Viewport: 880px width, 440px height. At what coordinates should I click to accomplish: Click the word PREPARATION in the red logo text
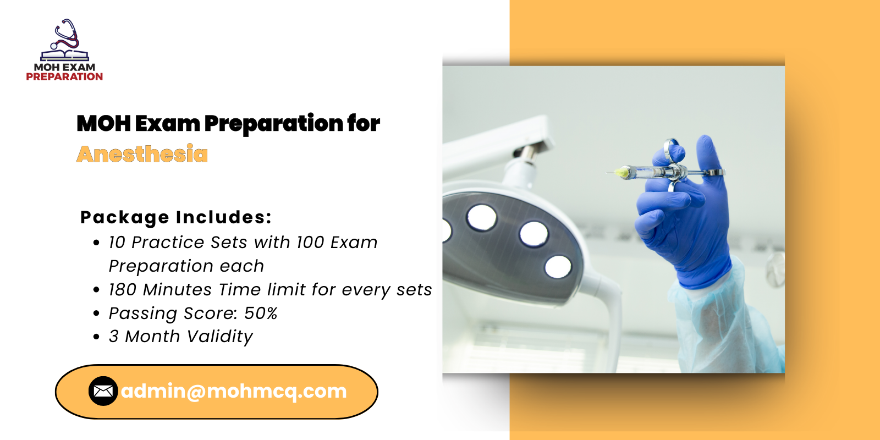coord(64,76)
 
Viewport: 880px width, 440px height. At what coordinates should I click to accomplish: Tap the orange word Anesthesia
coord(142,153)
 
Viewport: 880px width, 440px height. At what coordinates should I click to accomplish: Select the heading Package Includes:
coord(175,217)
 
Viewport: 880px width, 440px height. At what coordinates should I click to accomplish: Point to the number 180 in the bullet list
coord(122,289)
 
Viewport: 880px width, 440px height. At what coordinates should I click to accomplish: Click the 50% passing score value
coord(261,313)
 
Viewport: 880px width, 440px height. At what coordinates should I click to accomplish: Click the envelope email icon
coord(103,391)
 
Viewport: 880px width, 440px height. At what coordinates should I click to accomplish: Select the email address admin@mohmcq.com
coord(234,391)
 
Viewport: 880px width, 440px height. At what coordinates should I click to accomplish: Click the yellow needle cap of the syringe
coord(621,172)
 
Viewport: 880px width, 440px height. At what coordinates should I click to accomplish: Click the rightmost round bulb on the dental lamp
coord(558,267)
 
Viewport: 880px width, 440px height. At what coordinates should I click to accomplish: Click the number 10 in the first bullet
coord(117,243)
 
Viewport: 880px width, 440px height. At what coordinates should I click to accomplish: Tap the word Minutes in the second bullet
coord(177,289)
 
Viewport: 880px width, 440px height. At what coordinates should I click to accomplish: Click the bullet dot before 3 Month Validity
coord(96,337)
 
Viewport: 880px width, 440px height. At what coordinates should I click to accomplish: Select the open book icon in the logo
coord(65,55)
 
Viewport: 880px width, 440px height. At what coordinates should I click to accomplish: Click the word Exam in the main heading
coord(168,123)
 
